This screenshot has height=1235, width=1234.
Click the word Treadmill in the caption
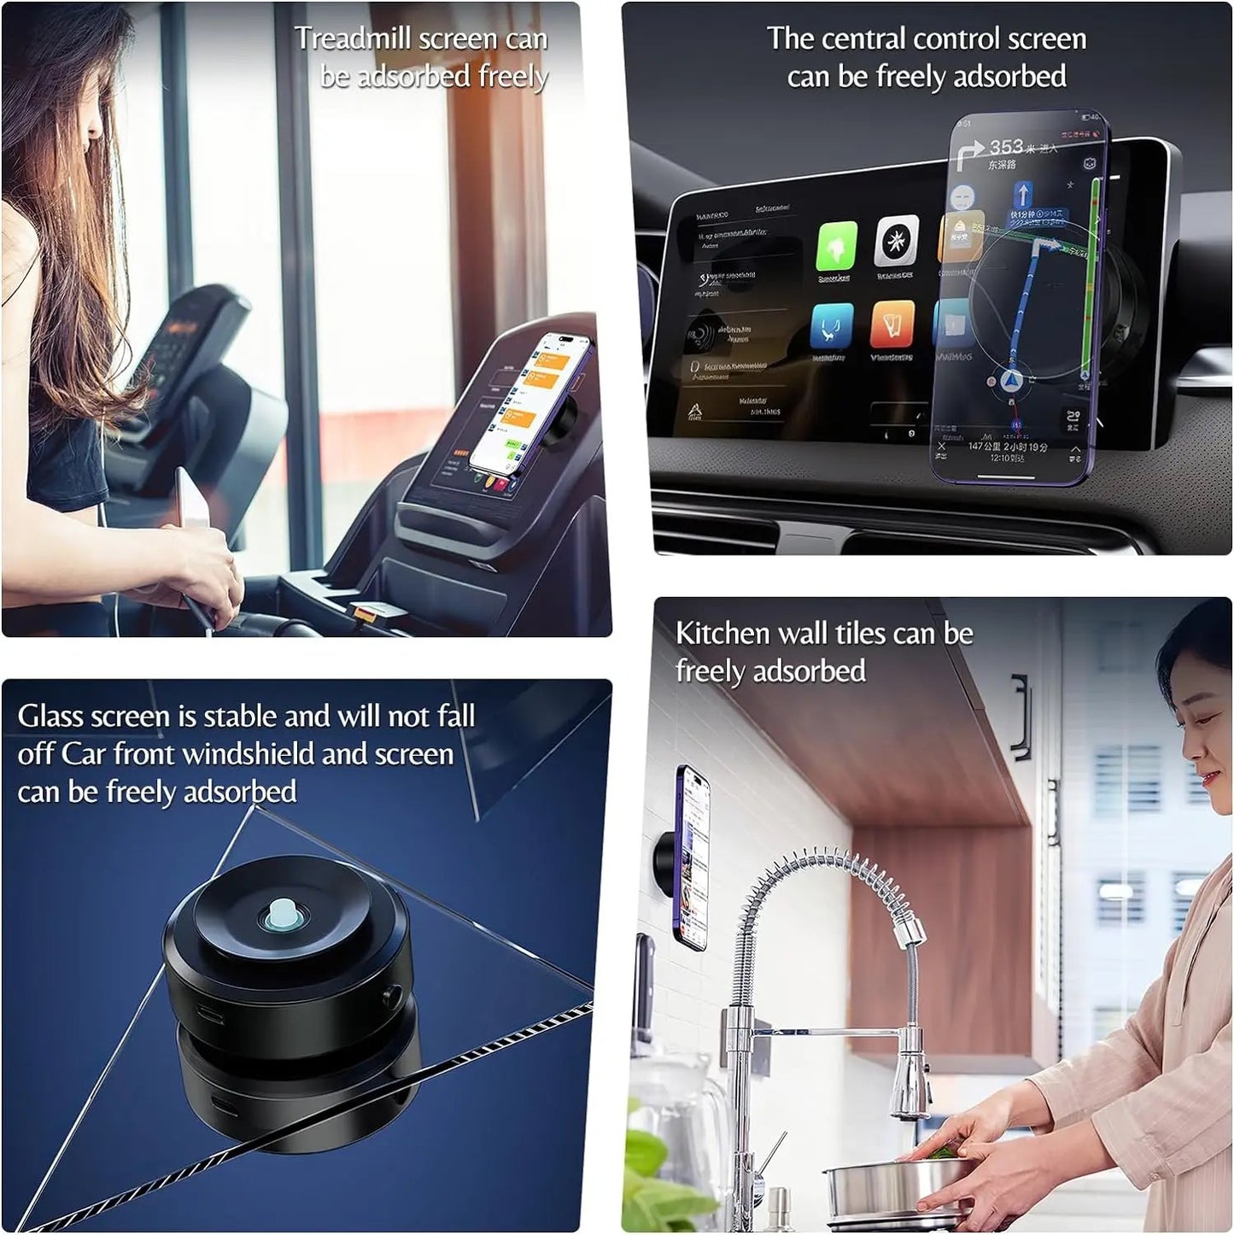click(x=354, y=39)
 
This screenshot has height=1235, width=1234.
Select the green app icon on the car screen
click(x=836, y=246)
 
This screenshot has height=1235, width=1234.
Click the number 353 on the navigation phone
click(x=1006, y=146)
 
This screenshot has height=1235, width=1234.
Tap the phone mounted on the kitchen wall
click(x=692, y=857)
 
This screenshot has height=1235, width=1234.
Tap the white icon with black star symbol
click(x=896, y=242)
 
